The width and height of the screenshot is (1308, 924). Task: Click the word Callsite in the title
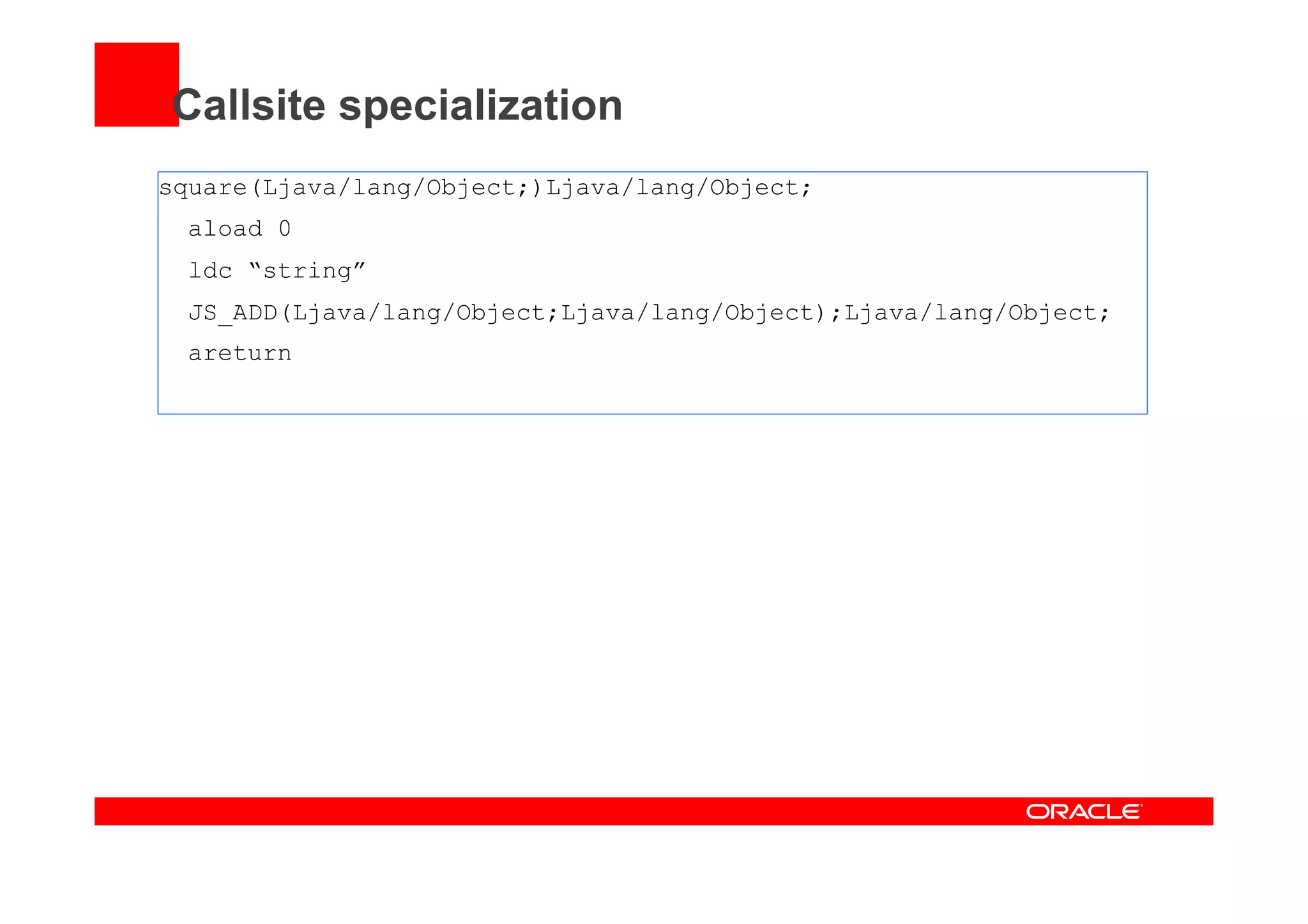pos(249,105)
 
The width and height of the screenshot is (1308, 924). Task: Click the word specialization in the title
pos(480,107)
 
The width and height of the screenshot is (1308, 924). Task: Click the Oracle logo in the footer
pos(1084,812)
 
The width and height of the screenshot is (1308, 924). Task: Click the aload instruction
pos(225,229)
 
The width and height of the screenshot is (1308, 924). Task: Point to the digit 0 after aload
pos(285,229)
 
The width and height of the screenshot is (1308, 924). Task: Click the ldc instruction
pos(210,271)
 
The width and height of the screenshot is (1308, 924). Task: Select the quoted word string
pos(307,271)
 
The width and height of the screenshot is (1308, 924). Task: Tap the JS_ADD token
pos(233,313)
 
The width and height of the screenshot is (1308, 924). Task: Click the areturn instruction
pos(240,354)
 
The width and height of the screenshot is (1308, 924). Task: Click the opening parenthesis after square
pos(255,188)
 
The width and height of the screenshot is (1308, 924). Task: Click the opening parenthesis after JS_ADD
pos(285,313)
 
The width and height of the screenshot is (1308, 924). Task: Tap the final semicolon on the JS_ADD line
pos(1104,314)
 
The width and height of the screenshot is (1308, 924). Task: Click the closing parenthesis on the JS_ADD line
pos(821,313)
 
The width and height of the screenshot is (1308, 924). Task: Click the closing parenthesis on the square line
pos(538,188)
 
